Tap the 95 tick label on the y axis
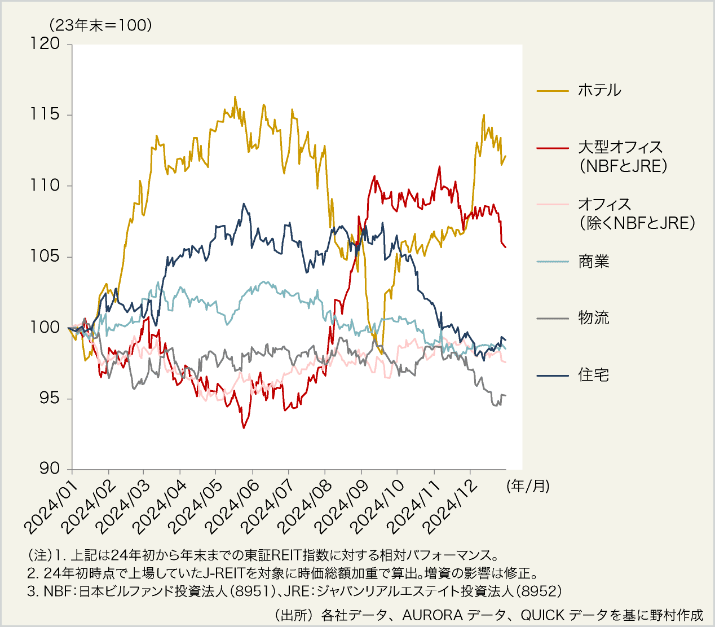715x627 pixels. point(48,398)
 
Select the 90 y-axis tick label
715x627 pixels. point(48,469)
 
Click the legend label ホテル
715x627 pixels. point(599,90)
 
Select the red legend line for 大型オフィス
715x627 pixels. point(552,148)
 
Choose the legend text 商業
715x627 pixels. point(593,262)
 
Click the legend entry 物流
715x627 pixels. point(593,318)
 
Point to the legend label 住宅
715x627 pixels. point(593,375)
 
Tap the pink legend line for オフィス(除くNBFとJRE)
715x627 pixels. point(552,205)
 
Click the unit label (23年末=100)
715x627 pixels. point(100,25)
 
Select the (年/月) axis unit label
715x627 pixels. point(528,486)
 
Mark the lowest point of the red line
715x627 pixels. point(244,428)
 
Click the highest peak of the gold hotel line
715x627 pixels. point(235,96)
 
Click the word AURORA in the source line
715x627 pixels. point(432,615)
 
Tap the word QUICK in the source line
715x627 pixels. point(542,615)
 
